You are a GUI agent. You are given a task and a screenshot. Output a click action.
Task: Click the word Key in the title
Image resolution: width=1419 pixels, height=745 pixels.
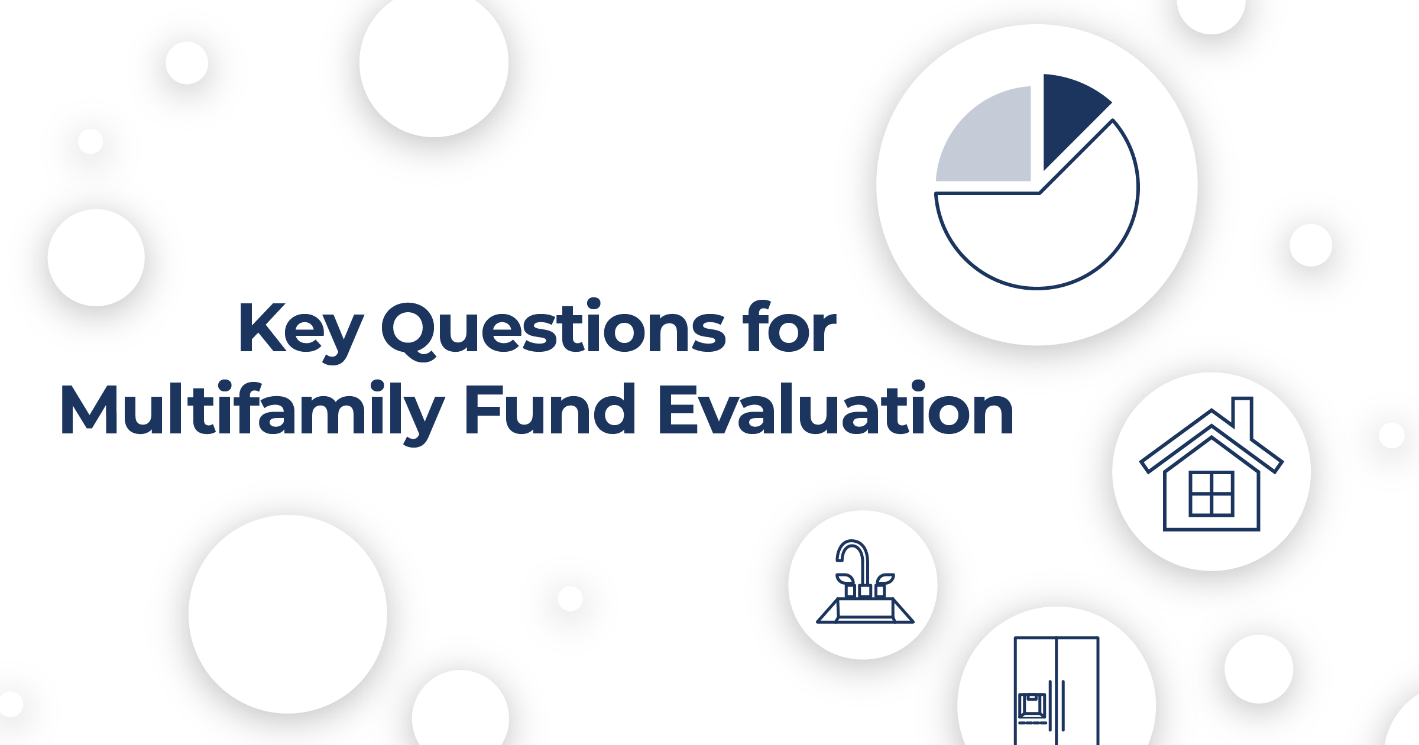pyautogui.click(x=300, y=329)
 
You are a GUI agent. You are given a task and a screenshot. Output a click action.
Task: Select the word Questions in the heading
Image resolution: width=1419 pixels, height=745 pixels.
pyautogui.click(x=553, y=329)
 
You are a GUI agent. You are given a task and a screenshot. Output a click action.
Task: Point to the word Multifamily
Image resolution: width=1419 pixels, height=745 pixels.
pyautogui.click(x=252, y=410)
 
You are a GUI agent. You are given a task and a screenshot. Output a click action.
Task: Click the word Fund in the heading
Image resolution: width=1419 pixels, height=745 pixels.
pyautogui.click(x=550, y=409)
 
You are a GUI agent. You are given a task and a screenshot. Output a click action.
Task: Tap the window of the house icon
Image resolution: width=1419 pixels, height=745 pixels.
pyautogui.click(x=1211, y=493)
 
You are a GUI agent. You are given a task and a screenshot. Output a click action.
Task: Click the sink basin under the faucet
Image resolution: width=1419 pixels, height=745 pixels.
pyautogui.click(x=865, y=611)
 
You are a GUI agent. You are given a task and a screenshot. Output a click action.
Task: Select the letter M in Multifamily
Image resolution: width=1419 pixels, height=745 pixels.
pyautogui.click(x=89, y=410)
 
